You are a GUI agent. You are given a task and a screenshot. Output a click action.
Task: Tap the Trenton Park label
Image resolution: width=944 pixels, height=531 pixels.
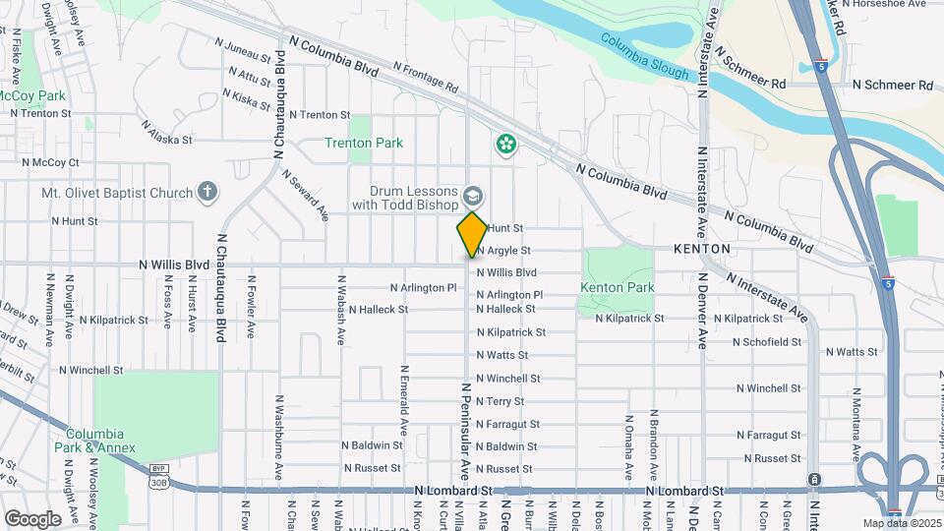364,143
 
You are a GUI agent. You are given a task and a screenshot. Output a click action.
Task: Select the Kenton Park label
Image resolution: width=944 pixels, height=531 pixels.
617,287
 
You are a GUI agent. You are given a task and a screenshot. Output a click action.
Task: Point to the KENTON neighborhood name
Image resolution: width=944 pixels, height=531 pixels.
702,249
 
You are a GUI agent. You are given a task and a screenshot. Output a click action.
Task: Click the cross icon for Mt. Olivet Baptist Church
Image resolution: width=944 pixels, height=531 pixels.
206,191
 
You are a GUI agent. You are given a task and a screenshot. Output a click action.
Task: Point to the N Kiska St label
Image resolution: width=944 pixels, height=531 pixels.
246,98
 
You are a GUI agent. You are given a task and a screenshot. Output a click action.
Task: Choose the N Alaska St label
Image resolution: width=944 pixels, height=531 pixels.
166,133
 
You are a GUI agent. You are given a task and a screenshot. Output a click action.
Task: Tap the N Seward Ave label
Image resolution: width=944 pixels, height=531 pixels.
305,195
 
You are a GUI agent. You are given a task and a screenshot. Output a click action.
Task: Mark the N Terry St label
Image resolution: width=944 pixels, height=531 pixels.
500,401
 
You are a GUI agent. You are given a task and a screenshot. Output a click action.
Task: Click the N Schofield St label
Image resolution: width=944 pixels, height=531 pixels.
759,342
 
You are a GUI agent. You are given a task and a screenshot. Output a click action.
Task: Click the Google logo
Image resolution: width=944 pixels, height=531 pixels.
31,518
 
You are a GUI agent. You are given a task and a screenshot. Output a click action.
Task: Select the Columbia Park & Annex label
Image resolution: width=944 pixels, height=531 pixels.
94,441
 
